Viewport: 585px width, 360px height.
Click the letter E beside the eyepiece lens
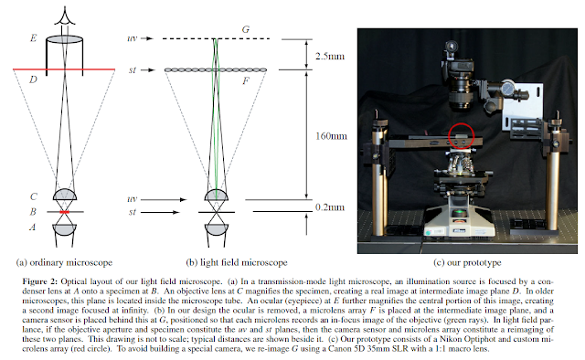[34, 38]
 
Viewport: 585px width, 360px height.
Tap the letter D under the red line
[33, 79]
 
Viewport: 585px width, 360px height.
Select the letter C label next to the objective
[34, 196]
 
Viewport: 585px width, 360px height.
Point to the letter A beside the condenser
[33, 227]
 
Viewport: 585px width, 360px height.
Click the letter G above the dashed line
[246, 29]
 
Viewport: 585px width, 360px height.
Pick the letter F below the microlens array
[246, 81]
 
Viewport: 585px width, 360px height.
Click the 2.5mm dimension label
[330, 57]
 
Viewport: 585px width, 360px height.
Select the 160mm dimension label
[331, 136]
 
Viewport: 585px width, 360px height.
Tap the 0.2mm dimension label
[330, 207]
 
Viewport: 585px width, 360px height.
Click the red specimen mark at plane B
[65, 212]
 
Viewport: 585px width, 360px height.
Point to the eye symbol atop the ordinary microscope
[65, 16]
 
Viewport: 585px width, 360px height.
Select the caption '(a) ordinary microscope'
[64, 262]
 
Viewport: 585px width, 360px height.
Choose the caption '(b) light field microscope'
[237, 262]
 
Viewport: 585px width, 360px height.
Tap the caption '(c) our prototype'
[467, 262]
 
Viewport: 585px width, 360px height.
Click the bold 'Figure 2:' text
[40, 281]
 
